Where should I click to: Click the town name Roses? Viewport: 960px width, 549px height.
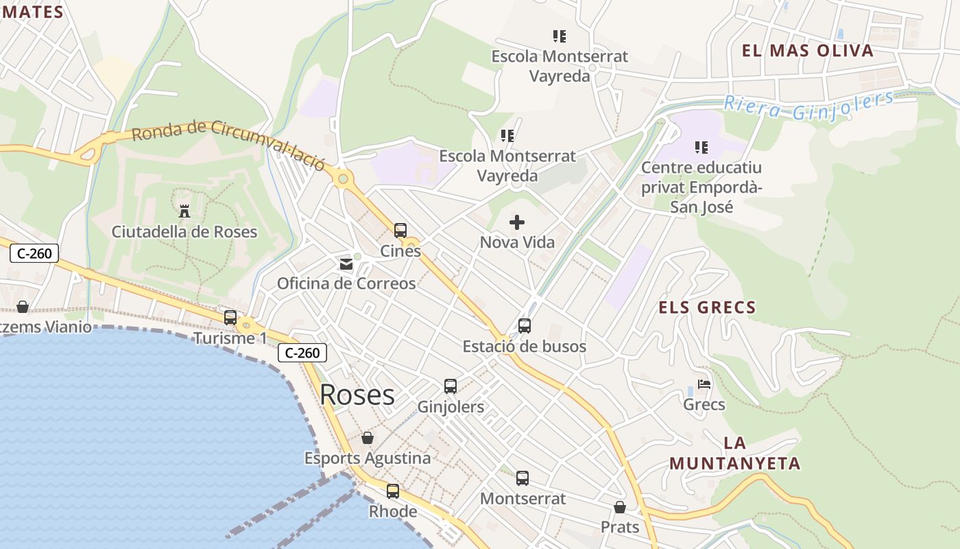click(x=357, y=395)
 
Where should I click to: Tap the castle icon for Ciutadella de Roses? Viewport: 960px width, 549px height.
click(x=184, y=211)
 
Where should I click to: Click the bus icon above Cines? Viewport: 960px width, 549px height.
click(x=400, y=231)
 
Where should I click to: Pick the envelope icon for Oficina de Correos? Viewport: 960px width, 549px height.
click(x=346, y=264)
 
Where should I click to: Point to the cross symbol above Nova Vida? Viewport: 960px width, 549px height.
click(x=517, y=222)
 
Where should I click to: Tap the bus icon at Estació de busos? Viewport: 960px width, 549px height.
click(x=525, y=326)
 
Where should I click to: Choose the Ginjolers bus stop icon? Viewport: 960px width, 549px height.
click(x=451, y=386)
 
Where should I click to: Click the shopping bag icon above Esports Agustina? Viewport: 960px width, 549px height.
click(x=368, y=438)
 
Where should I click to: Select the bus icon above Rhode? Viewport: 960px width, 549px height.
click(x=393, y=491)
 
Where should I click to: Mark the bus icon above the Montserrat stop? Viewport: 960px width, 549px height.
click(x=523, y=478)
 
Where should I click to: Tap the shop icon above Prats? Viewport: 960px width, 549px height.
click(x=620, y=507)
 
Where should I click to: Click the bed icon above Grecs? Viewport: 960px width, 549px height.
click(x=704, y=384)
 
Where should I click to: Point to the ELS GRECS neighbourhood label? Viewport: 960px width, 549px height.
click(x=707, y=307)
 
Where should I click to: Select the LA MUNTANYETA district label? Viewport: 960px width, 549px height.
click(x=735, y=453)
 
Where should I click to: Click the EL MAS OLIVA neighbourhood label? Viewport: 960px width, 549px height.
click(x=808, y=51)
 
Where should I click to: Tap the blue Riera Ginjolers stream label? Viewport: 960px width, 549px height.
click(x=809, y=106)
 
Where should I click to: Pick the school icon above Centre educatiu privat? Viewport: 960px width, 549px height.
click(x=701, y=147)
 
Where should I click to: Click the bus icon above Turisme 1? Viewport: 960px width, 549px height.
click(x=230, y=318)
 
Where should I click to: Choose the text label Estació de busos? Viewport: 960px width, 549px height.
click(x=525, y=347)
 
